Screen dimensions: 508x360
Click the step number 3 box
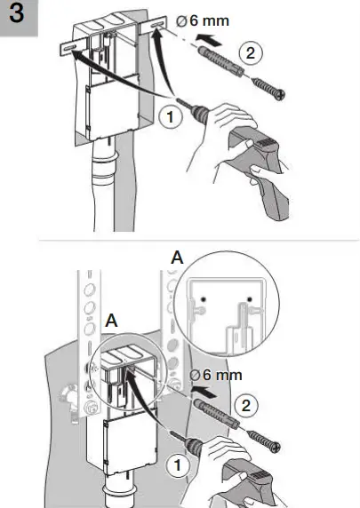(x=19, y=18)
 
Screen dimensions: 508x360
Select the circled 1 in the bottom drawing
(x=178, y=464)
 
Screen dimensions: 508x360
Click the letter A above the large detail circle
(x=178, y=258)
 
